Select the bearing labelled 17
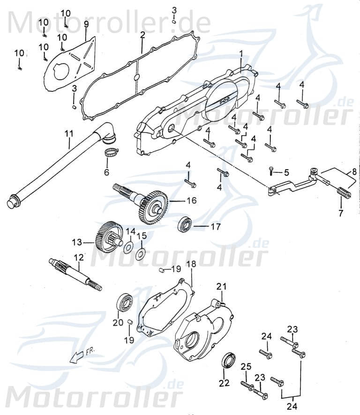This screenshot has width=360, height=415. [x=184, y=226]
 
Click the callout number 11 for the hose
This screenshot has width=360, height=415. [x=69, y=133]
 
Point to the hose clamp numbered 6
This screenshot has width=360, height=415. [x=111, y=152]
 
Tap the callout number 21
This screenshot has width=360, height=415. [x=221, y=286]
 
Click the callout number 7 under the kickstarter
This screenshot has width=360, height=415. [x=341, y=213]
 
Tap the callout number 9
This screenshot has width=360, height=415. [x=86, y=23]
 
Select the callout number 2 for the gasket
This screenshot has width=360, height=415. [x=142, y=35]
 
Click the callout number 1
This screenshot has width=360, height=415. [x=241, y=55]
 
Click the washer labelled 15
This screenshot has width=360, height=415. [x=140, y=254]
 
